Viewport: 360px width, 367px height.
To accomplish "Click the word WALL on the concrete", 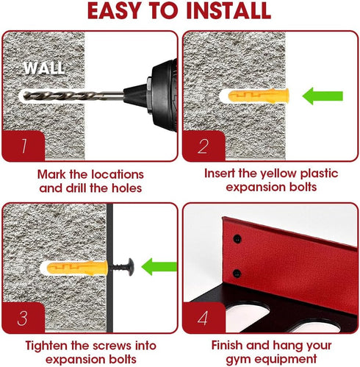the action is click(44, 68).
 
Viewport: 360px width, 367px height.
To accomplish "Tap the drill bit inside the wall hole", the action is click(73, 95).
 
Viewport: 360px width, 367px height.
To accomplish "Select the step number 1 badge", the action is click(24, 146).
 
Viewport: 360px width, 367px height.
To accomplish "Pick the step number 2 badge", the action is click(204, 146).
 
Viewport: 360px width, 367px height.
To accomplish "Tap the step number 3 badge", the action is click(24, 318).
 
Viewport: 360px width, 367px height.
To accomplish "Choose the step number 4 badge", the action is click(204, 318).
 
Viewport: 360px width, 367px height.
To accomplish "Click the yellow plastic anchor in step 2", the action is click(259, 96).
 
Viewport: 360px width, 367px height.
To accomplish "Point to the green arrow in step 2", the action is click(323, 96).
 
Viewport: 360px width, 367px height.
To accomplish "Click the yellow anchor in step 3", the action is click(77, 268).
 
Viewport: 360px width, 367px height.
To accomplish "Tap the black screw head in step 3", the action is click(130, 267).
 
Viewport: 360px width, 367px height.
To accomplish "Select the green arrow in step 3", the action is click(159, 267).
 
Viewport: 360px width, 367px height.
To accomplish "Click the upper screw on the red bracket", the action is click(237, 238).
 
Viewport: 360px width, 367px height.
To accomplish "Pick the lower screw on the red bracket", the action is click(237, 274).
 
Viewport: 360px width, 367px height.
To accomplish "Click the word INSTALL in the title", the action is click(228, 11).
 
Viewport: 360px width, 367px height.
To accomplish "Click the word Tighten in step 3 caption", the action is click(46, 346).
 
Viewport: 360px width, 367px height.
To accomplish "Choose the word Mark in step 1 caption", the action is click(51, 174).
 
